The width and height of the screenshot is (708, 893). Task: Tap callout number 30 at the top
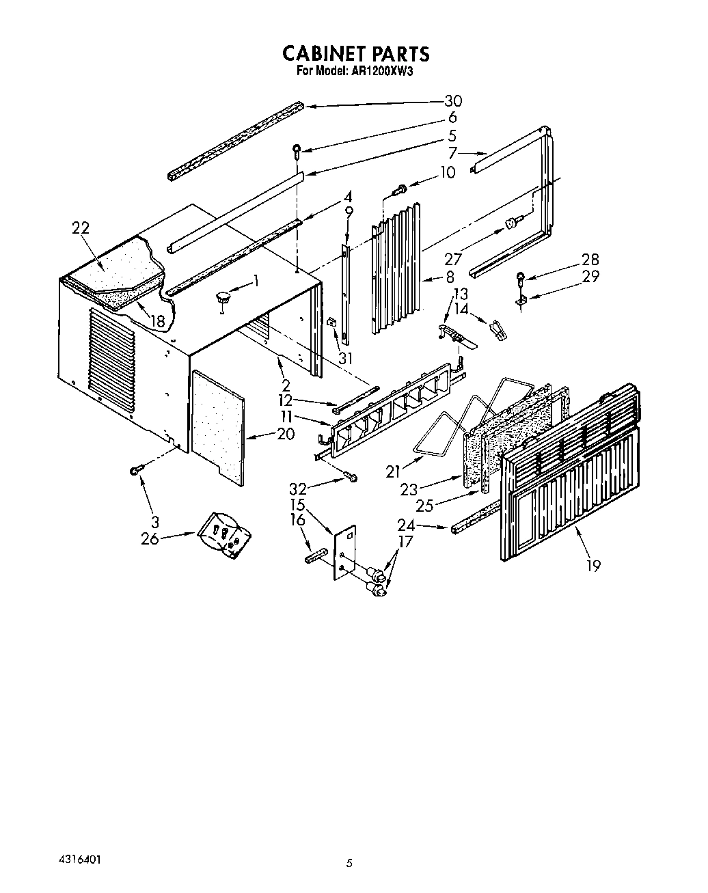452,101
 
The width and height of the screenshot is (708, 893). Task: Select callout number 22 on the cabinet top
81,228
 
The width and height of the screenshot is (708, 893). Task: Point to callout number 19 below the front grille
593,565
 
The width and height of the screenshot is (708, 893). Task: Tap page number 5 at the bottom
349,864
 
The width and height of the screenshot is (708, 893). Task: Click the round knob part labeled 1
223,297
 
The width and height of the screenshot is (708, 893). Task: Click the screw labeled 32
351,477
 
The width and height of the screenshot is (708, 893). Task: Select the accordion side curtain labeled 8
396,273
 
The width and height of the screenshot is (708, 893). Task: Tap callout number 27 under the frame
454,259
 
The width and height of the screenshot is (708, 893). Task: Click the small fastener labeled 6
297,150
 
